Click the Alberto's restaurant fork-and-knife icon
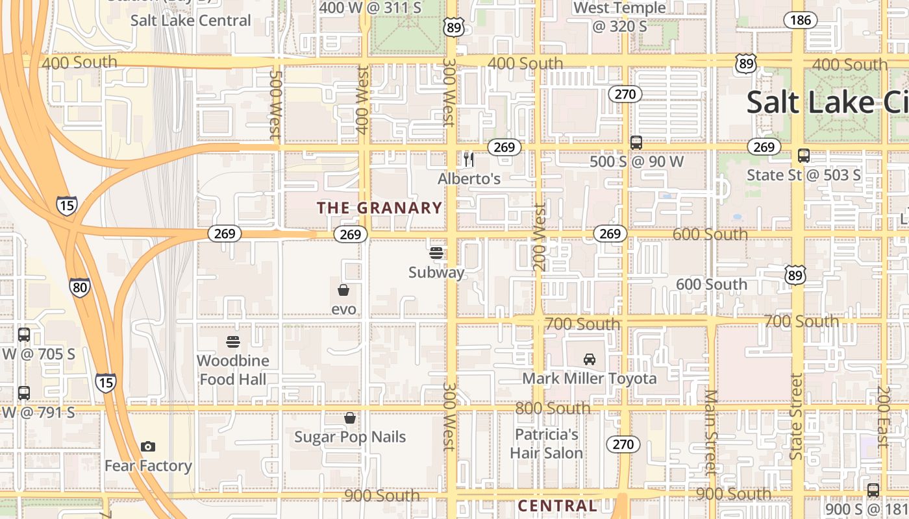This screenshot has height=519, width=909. (469, 160)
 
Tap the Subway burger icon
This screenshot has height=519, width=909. (436, 253)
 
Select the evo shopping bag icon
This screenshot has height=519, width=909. (343, 290)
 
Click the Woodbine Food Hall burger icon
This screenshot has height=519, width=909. (233, 341)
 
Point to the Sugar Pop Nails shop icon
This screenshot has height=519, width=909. (350, 418)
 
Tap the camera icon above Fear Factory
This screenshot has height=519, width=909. (148, 446)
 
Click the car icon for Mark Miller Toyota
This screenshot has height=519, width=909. (590, 359)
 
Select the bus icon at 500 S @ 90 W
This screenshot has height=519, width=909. (636, 143)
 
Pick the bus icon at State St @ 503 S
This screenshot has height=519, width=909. (804, 156)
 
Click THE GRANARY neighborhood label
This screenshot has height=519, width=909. (379, 208)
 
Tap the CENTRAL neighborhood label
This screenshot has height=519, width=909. (557, 506)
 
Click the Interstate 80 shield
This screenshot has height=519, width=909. (80, 287)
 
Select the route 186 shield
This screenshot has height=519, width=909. (801, 20)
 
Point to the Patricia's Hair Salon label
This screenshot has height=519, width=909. (546, 444)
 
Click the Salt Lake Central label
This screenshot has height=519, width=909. (190, 20)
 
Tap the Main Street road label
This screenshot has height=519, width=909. (711, 431)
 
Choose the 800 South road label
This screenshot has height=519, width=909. (553, 409)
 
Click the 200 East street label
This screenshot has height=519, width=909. (882, 417)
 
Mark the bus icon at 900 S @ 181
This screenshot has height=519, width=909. (873, 490)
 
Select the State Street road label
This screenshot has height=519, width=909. (796, 416)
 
